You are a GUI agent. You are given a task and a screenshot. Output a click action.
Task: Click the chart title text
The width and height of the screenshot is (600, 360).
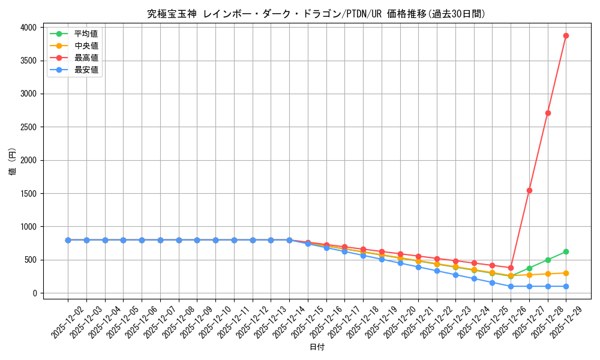click(316, 14)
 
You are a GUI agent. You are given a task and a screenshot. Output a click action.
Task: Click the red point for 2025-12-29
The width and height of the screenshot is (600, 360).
click(566, 36)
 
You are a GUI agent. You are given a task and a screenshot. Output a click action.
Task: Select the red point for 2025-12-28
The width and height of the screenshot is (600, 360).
click(548, 113)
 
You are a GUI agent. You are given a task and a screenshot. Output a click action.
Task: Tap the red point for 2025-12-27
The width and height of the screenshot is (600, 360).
click(529, 190)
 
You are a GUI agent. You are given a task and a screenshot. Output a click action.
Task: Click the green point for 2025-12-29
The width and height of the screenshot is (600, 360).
click(566, 251)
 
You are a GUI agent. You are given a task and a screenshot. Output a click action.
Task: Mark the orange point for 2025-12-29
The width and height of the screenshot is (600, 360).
click(566, 273)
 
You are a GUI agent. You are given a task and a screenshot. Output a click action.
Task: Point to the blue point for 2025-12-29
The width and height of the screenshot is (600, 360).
click(566, 286)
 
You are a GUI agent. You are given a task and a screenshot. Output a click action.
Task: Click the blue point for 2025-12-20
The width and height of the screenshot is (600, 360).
click(400, 263)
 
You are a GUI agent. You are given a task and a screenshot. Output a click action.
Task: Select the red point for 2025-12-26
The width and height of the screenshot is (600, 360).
click(511, 268)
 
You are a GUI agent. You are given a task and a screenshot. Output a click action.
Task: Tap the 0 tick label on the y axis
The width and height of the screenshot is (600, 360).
click(35, 293)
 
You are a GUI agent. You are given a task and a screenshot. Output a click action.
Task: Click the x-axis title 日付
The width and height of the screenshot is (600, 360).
click(316, 347)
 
